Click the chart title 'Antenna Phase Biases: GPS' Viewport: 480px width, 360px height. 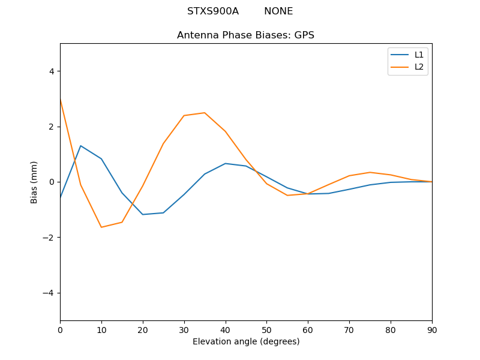click(x=245, y=35)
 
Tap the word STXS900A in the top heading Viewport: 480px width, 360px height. click(x=213, y=11)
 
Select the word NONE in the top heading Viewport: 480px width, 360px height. click(x=278, y=11)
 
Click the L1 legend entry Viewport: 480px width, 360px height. click(x=419, y=55)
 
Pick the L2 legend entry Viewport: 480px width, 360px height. click(x=419, y=67)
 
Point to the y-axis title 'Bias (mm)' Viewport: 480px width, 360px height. click(x=34, y=182)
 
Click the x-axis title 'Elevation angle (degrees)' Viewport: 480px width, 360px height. click(x=246, y=341)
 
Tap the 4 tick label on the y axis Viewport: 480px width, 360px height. click(x=51, y=71)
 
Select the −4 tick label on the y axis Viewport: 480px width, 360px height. click(x=49, y=293)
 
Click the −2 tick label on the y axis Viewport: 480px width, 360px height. click(x=49, y=238)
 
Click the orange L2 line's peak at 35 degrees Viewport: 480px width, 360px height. click(x=205, y=113)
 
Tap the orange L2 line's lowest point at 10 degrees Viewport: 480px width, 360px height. click(x=101, y=227)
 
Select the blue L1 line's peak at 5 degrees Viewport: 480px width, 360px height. click(x=80, y=146)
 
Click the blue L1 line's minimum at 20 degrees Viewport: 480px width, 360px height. click(x=143, y=214)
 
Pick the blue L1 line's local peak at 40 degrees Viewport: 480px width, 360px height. click(x=225, y=163)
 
